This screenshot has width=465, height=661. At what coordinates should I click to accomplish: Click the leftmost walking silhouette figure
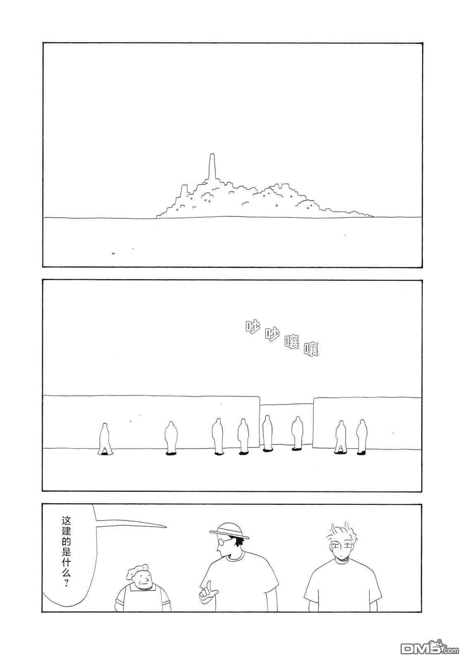[104, 439]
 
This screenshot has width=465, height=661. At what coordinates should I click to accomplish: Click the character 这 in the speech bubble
[66, 521]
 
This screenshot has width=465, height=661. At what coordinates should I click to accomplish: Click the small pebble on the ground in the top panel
[113, 253]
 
